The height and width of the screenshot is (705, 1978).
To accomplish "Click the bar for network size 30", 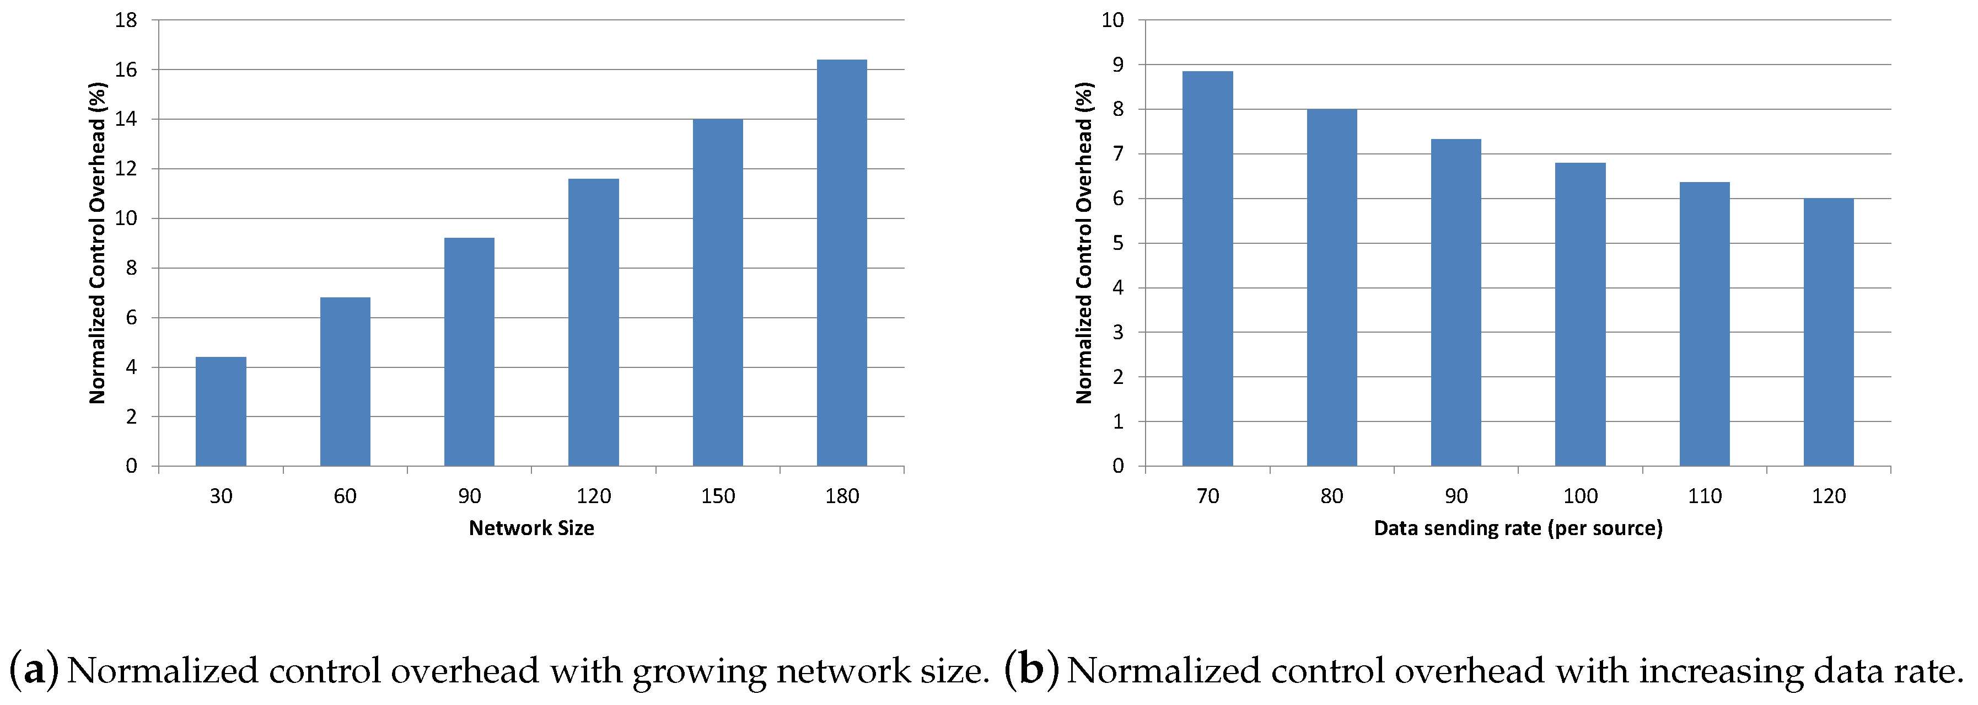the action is point(221,411).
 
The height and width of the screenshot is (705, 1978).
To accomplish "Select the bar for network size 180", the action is point(842,263).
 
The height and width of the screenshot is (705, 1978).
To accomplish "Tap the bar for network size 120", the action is point(594,323).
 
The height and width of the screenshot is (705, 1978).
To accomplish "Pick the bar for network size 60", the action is point(345,382).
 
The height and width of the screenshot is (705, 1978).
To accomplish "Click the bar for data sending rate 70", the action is point(1208,269).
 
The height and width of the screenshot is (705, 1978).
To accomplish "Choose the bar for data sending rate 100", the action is point(1580,314).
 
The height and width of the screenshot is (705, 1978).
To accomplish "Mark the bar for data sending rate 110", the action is point(1705,324).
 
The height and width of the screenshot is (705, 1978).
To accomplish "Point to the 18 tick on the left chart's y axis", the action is point(126,21).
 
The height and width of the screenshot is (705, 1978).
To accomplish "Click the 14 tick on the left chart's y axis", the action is point(126,119).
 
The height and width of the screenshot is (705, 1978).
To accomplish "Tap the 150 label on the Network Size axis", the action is point(718,496).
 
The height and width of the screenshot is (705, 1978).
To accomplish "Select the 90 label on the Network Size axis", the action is point(469,496).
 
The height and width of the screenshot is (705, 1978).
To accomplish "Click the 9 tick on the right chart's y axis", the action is point(1118,65).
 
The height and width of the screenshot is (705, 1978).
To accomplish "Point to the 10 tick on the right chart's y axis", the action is point(1112,21).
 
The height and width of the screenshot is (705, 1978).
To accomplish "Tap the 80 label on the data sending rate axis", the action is point(1331,496).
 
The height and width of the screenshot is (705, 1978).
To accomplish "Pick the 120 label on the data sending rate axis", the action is point(1829,496).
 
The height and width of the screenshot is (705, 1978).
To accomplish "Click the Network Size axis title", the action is point(531,528).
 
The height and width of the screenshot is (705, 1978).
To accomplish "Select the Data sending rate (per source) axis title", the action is point(1518,528).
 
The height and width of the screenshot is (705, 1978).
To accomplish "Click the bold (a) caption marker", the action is point(34,670).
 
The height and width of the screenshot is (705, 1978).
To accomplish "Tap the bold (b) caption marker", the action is point(1032,670).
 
